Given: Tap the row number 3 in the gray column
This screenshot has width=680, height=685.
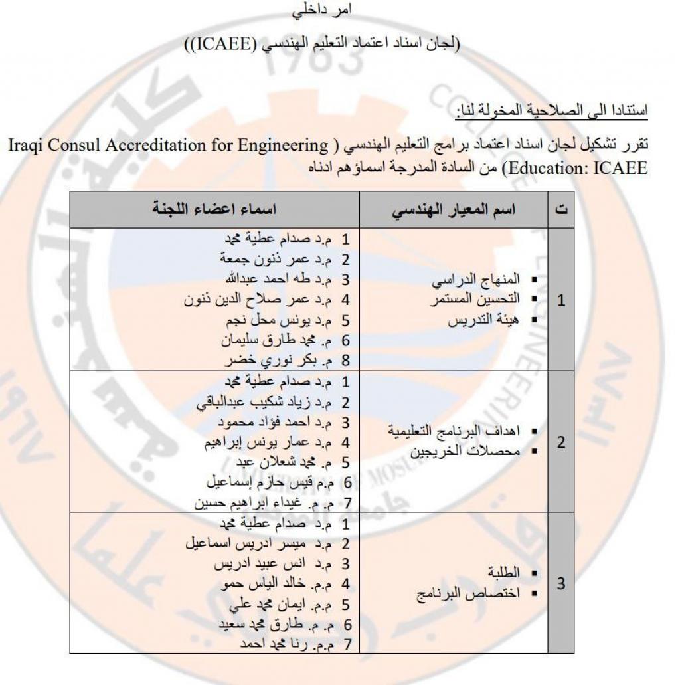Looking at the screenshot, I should click(x=561, y=584).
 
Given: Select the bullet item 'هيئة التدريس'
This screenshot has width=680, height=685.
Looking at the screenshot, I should click(x=483, y=320).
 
